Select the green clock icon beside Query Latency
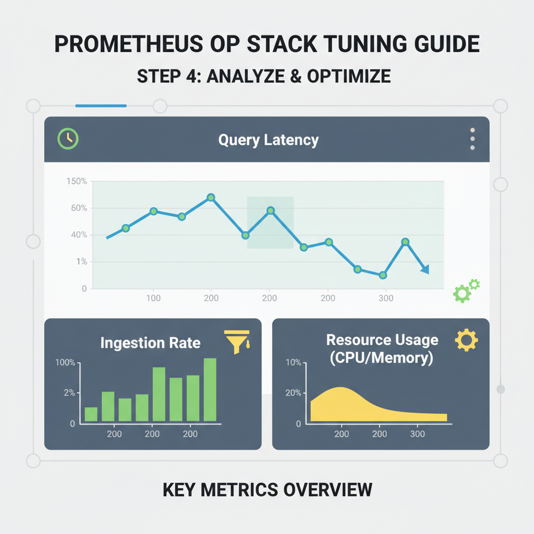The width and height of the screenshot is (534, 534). (68, 139)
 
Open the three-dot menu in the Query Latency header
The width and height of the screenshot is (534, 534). (472, 139)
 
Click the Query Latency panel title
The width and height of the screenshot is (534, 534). (268, 140)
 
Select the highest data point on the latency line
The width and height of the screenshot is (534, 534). (211, 198)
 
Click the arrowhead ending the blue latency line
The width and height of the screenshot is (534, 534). (425, 270)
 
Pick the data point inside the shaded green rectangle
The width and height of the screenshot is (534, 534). (270, 211)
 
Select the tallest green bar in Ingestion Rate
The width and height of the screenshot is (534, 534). (210, 389)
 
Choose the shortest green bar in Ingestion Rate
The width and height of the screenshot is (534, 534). (91, 414)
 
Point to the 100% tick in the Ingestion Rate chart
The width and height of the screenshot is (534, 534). (66, 362)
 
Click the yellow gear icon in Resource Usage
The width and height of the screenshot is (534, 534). (466, 340)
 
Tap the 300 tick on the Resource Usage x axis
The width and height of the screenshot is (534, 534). (418, 434)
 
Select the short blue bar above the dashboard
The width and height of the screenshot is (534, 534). (101, 106)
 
